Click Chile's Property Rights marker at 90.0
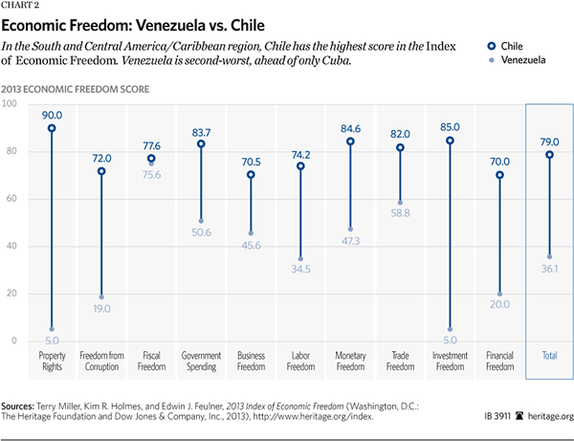coord(51,128)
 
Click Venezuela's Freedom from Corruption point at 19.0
coord(100,297)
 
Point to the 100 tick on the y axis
coord(12,103)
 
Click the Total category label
coord(549,355)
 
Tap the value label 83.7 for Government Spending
coord(201,131)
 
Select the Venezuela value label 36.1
coord(549,270)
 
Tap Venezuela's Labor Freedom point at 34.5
coord(300,259)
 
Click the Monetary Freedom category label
coord(350,360)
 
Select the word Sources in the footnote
coord(28,407)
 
